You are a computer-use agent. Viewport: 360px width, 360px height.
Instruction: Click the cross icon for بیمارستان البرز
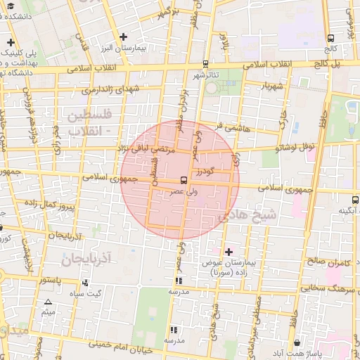pos(124,37)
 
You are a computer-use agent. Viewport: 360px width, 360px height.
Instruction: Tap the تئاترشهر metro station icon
pos(205,63)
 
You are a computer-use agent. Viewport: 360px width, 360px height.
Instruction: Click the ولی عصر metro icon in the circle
pos(184,180)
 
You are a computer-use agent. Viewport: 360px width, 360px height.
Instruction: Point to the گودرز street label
pos(204,171)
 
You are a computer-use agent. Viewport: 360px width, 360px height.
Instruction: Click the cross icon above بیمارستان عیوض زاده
pos(228,251)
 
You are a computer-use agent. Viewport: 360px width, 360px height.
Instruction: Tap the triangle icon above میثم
pos(48,302)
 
